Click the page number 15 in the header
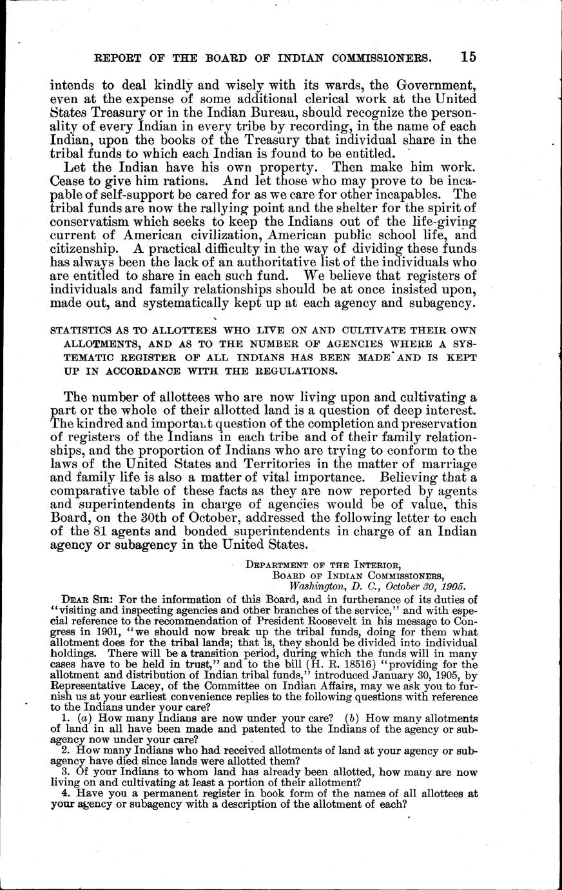point(468,57)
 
